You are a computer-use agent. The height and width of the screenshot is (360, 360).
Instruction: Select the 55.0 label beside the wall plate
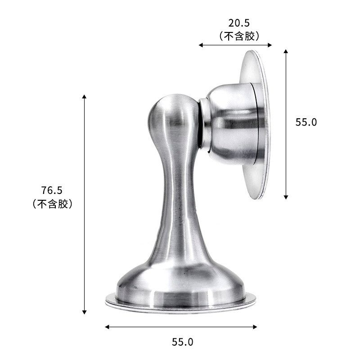point(306,122)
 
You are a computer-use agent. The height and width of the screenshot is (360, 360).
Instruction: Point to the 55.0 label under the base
point(182,342)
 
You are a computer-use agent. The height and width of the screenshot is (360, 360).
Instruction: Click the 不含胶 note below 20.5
point(239,36)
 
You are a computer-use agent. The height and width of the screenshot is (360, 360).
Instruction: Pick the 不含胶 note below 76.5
point(52,204)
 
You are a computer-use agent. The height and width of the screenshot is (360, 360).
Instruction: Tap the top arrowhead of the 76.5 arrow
point(84,96)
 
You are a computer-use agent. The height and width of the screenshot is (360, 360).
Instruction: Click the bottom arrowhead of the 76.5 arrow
point(84,312)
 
